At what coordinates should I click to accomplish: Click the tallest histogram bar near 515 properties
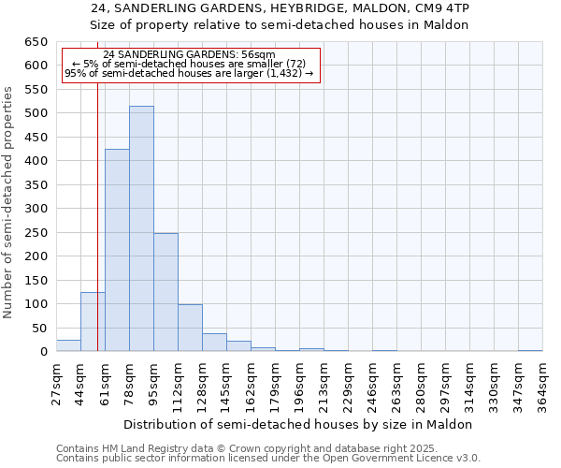click(x=141, y=229)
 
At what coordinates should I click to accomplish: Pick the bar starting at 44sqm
click(x=93, y=322)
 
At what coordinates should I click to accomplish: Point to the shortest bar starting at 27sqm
click(x=68, y=345)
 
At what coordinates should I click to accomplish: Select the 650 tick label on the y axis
click(x=36, y=42)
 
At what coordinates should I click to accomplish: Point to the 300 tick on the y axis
click(x=36, y=209)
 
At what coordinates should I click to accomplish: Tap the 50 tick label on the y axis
click(x=40, y=328)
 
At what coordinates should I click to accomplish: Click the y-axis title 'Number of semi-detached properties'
click(x=9, y=201)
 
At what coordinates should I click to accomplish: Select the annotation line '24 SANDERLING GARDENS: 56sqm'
click(x=190, y=55)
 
